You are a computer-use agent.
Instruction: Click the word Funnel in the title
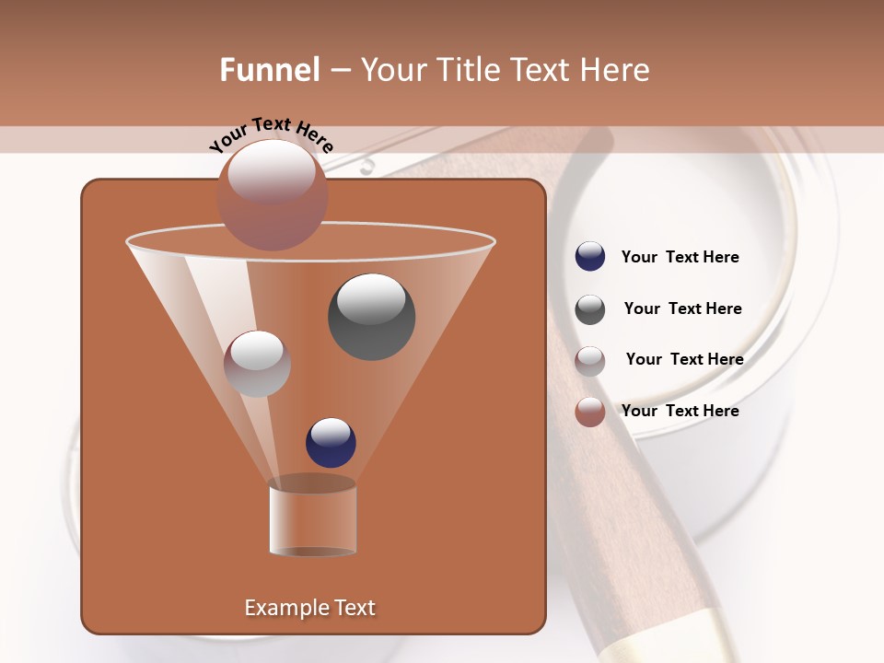point(270,70)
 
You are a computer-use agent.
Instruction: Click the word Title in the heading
point(465,70)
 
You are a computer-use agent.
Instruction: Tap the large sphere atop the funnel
point(272,194)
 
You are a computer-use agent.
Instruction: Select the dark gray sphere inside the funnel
point(371,316)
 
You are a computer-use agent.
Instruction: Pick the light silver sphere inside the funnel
point(257,364)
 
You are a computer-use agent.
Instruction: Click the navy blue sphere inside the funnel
point(331,442)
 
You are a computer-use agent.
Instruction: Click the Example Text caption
point(309,608)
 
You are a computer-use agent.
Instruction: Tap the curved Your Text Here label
point(272,134)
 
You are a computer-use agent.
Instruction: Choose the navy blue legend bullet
point(590,257)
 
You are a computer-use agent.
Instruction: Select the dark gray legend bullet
point(590,309)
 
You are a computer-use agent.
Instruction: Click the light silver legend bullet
point(590,360)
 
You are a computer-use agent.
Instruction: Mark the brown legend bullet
point(590,412)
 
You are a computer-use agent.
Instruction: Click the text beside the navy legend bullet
point(680,257)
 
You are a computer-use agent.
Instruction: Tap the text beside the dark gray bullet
point(682,308)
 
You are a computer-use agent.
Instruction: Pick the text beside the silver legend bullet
point(684,359)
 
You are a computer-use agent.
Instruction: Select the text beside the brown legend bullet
point(680,411)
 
